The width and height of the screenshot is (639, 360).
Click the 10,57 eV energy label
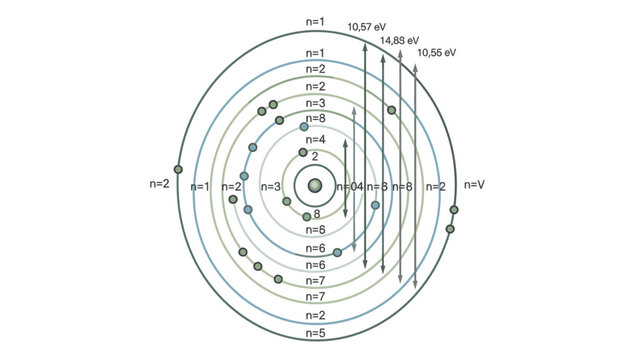pos(366,27)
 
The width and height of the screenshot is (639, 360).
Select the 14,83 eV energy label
pos(399,40)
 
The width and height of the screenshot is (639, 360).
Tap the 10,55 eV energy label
pos(436,51)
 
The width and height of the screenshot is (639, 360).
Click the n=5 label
pos(315,333)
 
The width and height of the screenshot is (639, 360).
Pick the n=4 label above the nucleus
pos(315,140)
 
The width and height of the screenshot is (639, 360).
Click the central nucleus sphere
pos(315,185)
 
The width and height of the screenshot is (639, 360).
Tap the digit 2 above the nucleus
pos(315,157)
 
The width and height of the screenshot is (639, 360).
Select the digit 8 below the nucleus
pos(317,213)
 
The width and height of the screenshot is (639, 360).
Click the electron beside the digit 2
pos(303,153)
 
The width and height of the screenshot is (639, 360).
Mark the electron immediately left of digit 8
pos(307,216)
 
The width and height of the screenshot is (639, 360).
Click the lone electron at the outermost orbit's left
pos(179,169)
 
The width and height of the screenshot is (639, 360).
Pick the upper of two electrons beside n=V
pos(454,210)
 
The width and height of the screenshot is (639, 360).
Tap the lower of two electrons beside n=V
pos(450,229)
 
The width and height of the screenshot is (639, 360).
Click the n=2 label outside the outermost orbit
pos(160,184)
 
